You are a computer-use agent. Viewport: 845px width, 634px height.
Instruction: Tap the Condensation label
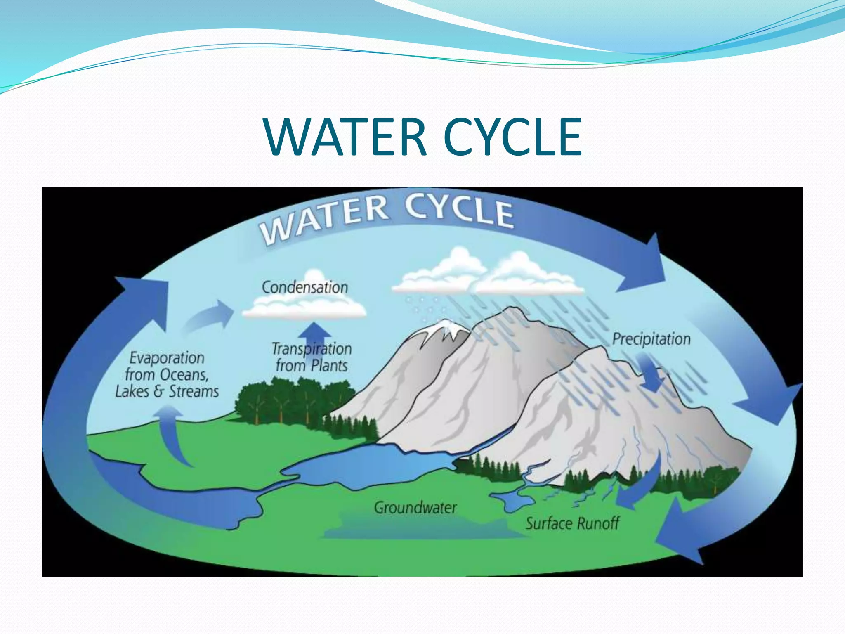click(x=305, y=287)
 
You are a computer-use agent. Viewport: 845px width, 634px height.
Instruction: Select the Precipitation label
click(x=651, y=339)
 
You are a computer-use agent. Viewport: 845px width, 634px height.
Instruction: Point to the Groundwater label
click(x=415, y=507)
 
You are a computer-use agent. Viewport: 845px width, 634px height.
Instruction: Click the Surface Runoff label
click(x=572, y=523)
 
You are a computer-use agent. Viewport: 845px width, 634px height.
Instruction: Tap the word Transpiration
click(x=312, y=349)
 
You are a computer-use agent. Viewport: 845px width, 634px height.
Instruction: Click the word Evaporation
click(x=167, y=358)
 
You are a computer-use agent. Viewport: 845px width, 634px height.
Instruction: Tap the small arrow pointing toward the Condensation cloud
click(x=208, y=316)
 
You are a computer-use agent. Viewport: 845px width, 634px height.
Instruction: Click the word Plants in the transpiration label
click(x=329, y=366)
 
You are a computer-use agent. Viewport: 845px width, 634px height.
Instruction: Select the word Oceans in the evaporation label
click(x=184, y=375)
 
